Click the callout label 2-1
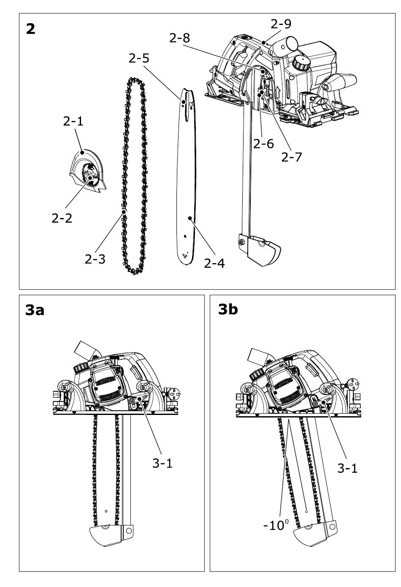[x=73, y=121]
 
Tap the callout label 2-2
[x=62, y=218]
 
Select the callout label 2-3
[x=95, y=258]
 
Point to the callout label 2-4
[x=214, y=263]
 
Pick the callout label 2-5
[x=139, y=58]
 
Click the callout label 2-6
[x=263, y=144]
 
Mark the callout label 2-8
[x=179, y=38]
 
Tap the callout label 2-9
[x=281, y=24]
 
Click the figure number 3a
[x=35, y=310]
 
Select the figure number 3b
[x=228, y=310]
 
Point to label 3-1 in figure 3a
[x=163, y=463]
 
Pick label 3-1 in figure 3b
[x=347, y=468]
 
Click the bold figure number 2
[x=30, y=29]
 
